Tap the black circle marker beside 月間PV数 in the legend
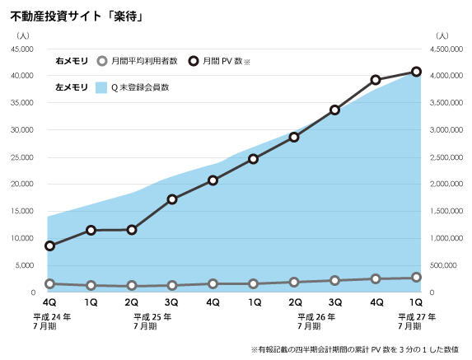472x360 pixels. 193,61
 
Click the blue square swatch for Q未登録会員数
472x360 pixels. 101,86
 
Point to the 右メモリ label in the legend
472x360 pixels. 72,61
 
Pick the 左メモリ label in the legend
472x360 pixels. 72,86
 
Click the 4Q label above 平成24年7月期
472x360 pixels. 50,302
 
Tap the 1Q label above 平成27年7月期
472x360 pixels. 416,302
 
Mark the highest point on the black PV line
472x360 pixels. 416,72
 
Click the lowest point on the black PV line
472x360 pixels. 50,245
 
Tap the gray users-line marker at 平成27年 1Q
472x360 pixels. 416,278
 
